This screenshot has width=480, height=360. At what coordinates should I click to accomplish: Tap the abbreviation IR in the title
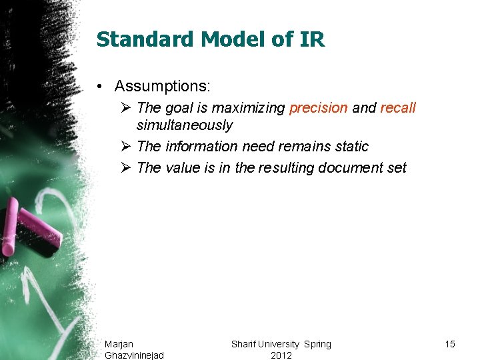coord(312,39)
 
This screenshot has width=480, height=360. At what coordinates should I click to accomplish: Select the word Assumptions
coord(162,86)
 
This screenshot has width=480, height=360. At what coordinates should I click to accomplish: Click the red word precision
coord(319,108)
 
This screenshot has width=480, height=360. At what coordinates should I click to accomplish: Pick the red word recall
coord(398,108)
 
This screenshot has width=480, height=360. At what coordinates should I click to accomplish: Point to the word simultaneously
coord(185,125)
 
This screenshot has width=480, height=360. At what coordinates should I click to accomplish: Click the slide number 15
coord(450,344)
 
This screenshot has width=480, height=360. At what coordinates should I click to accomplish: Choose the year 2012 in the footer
coord(281,355)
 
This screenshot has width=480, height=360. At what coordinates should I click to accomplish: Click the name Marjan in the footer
coord(119,344)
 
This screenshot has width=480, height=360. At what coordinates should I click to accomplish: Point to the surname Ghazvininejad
coord(134,355)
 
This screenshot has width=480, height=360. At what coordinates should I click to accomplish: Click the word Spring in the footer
coord(317,344)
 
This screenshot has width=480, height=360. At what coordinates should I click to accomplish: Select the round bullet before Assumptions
coord(99,87)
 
